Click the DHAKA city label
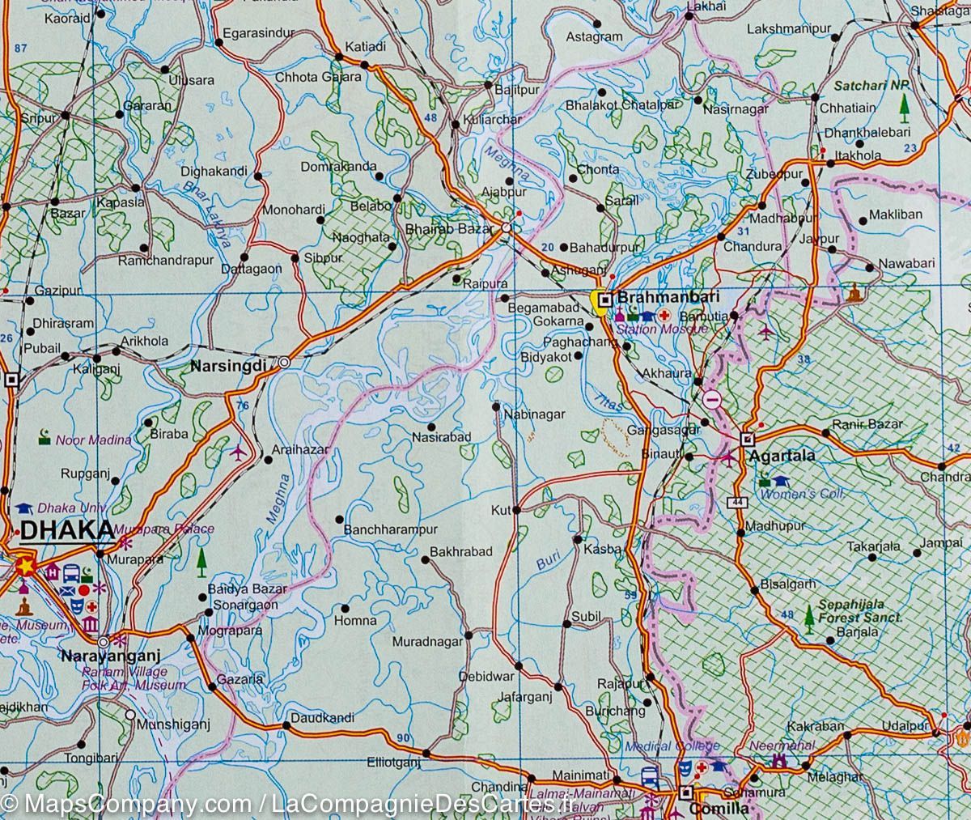tap(66, 531)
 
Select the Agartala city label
tap(782, 456)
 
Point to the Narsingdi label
tap(228, 366)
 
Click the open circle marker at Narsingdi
tap(285, 363)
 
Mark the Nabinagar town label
tap(533, 414)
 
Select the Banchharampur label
tap(390, 530)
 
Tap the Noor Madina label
tap(93, 440)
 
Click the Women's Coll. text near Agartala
tap(812, 494)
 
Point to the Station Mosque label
tap(662, 329)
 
